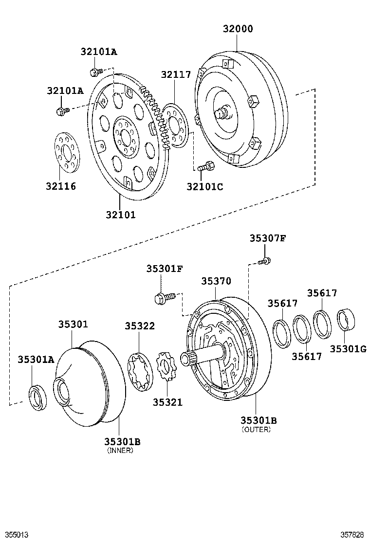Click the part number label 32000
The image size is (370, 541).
click(x=238, y=29)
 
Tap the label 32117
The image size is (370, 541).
click(x=176, y=74)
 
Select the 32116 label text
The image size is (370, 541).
click(x=61, y=186)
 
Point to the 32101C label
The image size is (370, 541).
click(x=204, y=186)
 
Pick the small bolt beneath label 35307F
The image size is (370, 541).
click(x=264, y=261)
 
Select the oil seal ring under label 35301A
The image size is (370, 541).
click(x=37, y=397)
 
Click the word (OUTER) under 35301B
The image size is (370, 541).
click(x=256, y=430)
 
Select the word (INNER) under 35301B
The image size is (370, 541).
click(x=120, y=451)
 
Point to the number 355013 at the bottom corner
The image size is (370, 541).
click(x=14, y=535)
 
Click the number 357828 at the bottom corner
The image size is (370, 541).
click(x=352, y=535)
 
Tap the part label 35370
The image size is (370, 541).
click(x=216, y=281)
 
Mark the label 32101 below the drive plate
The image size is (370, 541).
click(x=120, y=214)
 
